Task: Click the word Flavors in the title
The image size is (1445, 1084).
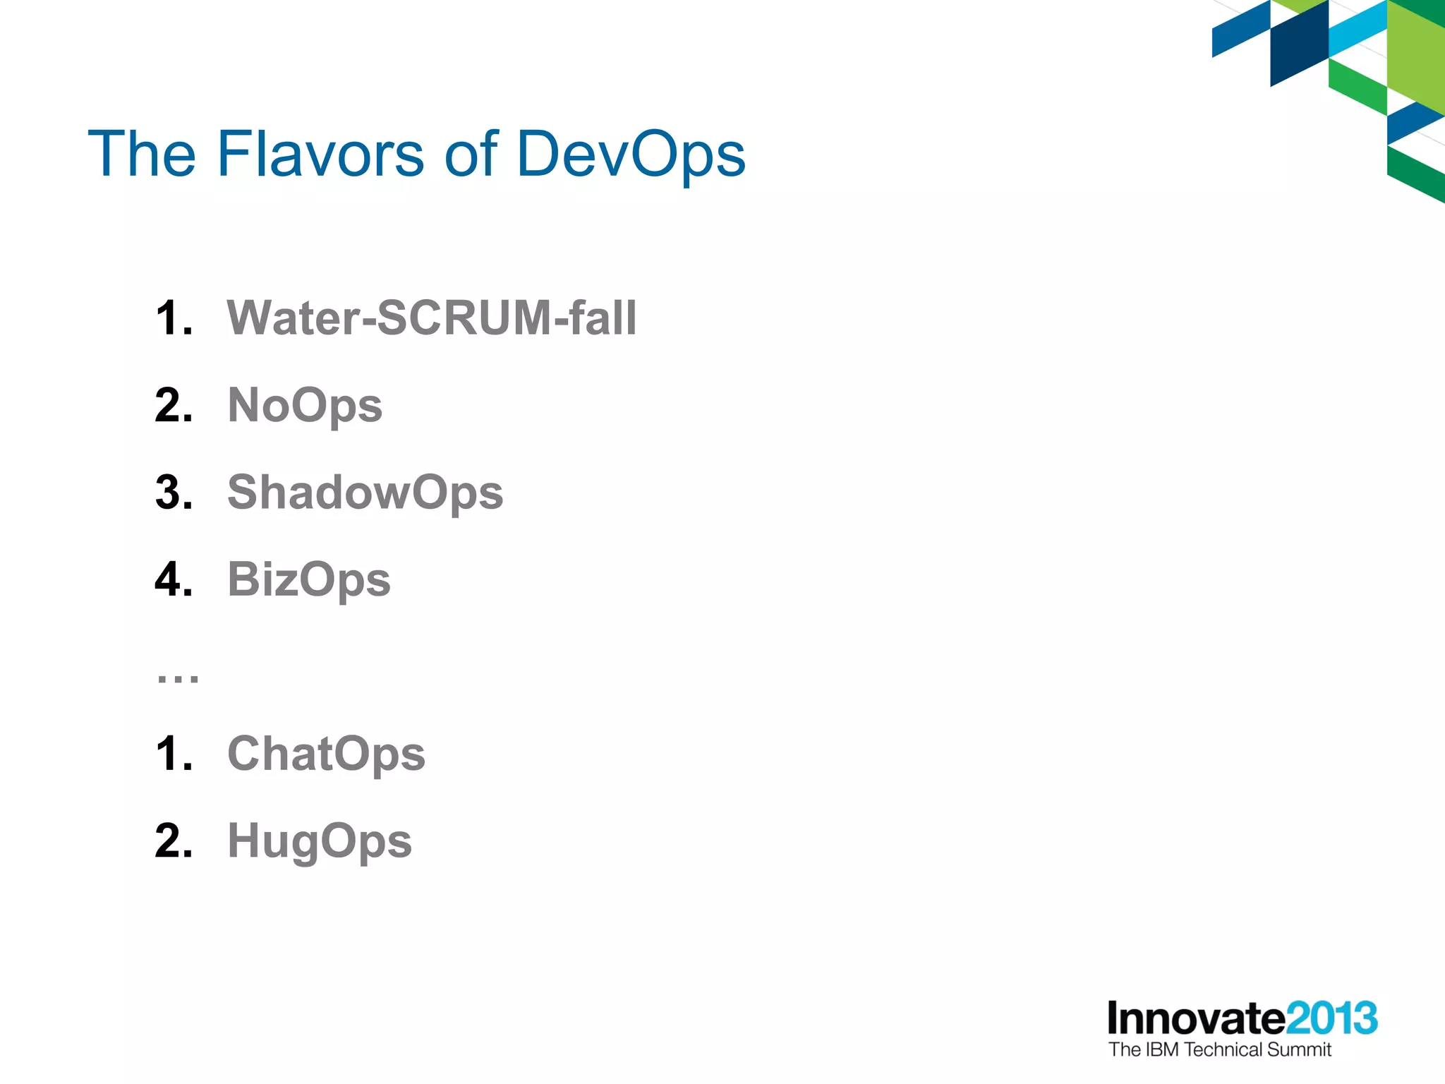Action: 320,153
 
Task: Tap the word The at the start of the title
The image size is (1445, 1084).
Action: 142,153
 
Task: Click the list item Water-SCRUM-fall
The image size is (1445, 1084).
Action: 431,318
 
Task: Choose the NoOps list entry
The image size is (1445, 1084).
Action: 305,406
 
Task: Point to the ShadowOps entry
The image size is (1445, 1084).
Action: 365,492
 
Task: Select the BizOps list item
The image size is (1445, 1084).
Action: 308,580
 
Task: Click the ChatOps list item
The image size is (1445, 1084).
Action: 326,754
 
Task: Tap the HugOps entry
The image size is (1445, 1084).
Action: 319,841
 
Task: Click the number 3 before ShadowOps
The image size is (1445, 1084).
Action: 174,492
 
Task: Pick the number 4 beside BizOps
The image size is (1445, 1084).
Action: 174,580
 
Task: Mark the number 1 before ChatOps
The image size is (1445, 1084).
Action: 174,754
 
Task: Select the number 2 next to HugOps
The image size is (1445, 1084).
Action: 174,841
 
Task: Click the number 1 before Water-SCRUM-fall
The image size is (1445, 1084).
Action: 174,318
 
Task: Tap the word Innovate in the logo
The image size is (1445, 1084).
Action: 1196,1018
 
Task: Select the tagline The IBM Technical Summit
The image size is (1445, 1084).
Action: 1219,1050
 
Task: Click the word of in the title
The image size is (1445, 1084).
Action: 471,153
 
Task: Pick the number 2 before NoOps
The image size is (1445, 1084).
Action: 174,406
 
